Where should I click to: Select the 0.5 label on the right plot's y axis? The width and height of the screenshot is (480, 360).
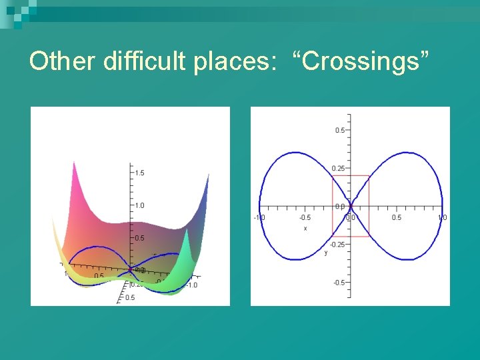pos(339,131)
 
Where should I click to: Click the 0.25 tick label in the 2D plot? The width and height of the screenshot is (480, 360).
pos(339,169)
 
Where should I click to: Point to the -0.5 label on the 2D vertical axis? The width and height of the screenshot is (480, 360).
pos(339,283)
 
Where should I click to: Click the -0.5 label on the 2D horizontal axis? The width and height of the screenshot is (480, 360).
pos(305,217)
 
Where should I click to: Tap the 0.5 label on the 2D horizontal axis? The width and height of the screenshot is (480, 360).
pos(396,217)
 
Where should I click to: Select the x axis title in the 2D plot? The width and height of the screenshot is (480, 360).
pos(305,228)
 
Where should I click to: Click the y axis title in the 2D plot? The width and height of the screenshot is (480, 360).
pos(326,253)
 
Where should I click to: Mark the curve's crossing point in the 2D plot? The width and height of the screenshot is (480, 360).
pos(350,206)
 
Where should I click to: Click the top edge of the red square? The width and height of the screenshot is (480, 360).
pos(350,176)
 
